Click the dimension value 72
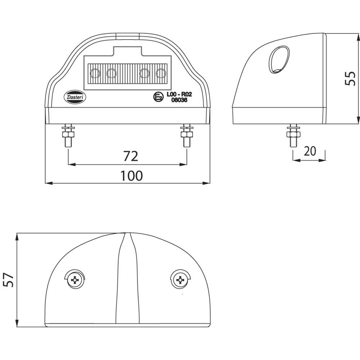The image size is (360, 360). pos(131,156)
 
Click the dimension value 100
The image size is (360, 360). pos(131,176)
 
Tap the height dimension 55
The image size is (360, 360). pos(350,78)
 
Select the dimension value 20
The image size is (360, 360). pos(310,151)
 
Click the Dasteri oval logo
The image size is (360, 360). pos(75,97)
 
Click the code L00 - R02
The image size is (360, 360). pos(179,95)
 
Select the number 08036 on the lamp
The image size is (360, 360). pos(179,100)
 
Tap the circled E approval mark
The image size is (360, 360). pos(158,97)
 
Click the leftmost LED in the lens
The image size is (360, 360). pos(95,74)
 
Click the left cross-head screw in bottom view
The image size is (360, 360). pos(75,279)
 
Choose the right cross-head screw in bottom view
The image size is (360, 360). pos(180,279)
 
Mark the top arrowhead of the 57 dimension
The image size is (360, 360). pos(17,236)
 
